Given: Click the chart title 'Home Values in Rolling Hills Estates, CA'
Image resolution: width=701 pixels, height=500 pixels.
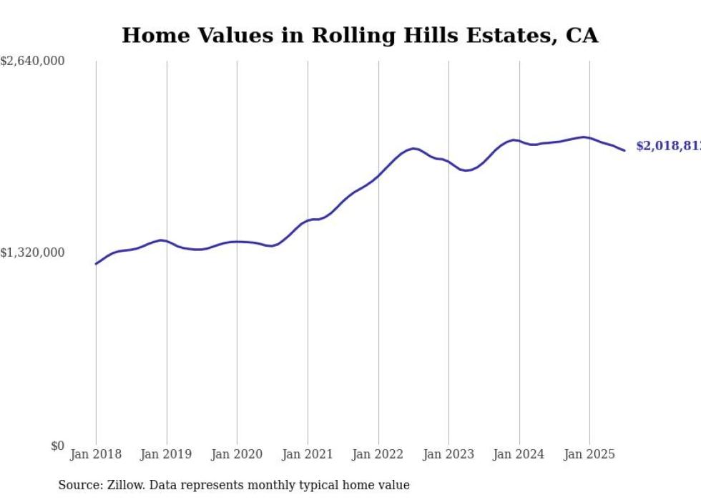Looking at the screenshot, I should (x=360, y=35).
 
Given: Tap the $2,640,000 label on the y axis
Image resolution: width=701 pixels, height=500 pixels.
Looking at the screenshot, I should (x=33, y=62).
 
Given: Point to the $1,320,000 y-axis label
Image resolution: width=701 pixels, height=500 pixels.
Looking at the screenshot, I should (x=33, y=253).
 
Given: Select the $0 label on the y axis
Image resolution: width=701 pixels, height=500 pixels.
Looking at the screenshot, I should (x=57, y=446).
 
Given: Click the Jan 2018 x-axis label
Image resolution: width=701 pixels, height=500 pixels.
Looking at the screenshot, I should (x=96, y=454).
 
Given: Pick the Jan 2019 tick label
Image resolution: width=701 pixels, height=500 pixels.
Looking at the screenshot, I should (x=167, y=454).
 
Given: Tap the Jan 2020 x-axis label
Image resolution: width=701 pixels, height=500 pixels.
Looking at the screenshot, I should (x=237, y=454).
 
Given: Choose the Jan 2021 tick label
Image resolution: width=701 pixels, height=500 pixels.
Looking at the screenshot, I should (x=308, y=454).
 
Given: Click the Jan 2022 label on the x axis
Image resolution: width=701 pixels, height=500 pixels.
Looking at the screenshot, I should (x=378, y=454).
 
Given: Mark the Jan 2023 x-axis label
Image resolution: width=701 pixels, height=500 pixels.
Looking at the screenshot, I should (x=448, y=454).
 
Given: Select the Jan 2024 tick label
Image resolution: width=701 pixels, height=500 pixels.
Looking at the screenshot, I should (x=519, y=454).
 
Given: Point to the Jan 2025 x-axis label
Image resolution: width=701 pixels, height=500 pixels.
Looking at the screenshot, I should (x=589, y=454).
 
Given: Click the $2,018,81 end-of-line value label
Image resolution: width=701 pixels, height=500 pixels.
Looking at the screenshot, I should (x=668, y=147).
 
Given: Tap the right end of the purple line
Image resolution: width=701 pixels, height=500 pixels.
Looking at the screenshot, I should (x=624, y=150).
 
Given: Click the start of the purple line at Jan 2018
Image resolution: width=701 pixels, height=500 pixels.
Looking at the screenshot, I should (x=96, y=264).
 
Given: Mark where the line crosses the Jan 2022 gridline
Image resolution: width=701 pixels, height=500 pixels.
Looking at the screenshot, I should (x=378, y=175).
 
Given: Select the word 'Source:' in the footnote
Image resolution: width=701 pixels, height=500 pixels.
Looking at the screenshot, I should (x=78, y=485).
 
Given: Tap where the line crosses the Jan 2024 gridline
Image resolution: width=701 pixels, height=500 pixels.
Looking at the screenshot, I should (x=519, y=141).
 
